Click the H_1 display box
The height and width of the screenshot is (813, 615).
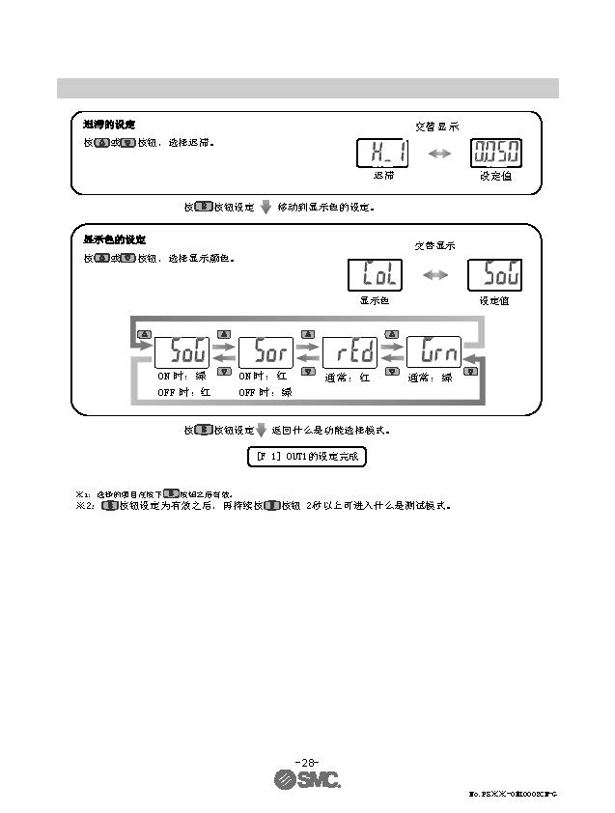pos(382,153)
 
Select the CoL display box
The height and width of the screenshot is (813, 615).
pos(375,275)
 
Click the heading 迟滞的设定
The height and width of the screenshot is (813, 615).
pos(109,126)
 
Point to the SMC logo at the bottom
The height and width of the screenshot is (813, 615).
pos(307,780)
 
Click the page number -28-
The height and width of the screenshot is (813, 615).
pos(307,761)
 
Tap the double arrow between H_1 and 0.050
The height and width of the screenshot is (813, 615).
pos(439,153)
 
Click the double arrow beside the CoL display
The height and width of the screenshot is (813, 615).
pos(435,275)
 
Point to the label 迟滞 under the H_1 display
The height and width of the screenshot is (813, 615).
pos(383,177)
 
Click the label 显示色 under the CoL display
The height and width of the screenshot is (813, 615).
pos(375,300)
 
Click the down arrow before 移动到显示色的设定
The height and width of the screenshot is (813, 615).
pos(266,207)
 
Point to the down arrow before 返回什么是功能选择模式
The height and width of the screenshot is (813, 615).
pos(260,431)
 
